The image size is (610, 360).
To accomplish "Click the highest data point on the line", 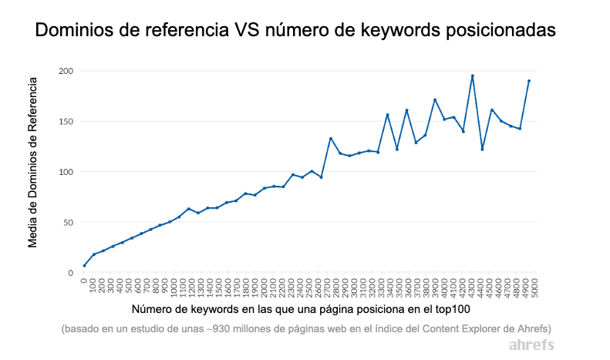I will click(472, 76).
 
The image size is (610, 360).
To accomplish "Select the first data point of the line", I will click(84, 265).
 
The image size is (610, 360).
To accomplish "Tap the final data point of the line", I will click(529, 81).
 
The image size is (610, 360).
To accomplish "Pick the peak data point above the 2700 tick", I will click(330, 139).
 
